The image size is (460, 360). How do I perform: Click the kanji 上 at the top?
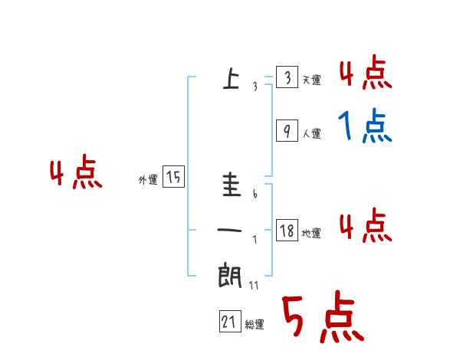230,78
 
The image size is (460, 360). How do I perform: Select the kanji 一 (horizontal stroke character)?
230,231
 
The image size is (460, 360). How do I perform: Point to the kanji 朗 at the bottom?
230,274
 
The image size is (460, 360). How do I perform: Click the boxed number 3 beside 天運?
286,78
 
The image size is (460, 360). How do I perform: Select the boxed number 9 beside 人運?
286,132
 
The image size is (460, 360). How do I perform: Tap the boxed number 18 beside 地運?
287,231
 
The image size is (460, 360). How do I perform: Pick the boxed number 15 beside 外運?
173,178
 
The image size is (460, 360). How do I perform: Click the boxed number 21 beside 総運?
229,322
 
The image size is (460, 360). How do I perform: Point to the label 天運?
311,80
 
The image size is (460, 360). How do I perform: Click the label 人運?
311,134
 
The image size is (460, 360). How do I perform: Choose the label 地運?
311,234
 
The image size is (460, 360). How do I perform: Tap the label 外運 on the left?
148,180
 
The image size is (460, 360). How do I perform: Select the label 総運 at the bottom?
255,325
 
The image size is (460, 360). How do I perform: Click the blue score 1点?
364,126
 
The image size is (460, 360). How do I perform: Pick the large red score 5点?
322,318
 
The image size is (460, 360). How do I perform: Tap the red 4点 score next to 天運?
365,73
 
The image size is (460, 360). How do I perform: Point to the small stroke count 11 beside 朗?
254,286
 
